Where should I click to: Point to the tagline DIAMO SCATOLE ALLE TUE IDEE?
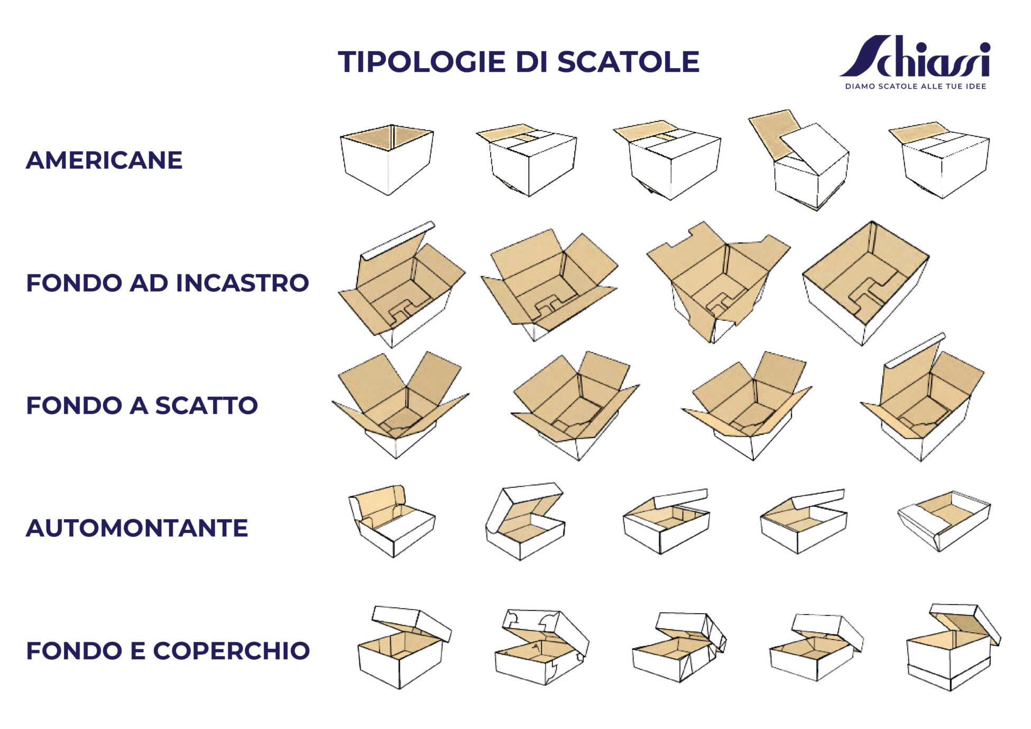click(x=916, y=86)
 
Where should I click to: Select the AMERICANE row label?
click(x=104, y=160)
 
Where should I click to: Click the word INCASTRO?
click(x=242, y=283)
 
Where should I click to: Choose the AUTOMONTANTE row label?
click(x=137, y=528)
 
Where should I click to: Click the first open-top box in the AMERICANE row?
click(x=387, y=160)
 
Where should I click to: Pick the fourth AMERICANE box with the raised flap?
click(x=799, y=160)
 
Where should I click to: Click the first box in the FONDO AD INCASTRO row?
click(x=402, y=284)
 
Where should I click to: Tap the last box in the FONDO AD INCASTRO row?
click(x=866, y=283)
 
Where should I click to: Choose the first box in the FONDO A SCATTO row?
click(x=400, y=405)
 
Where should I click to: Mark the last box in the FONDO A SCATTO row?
click(x=923, y=398)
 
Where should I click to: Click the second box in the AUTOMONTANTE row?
click(x=525, y=521)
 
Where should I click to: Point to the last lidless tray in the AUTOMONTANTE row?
click(x=944, y=521)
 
